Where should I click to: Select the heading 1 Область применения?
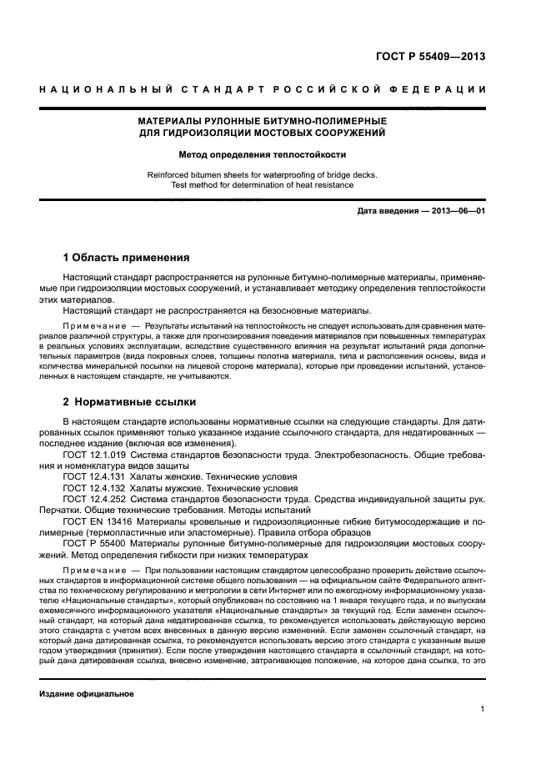point(127,257)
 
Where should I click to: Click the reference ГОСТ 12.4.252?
point(93,497)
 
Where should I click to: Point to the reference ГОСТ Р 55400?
point(93,541)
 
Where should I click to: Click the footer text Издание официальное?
point(87,693)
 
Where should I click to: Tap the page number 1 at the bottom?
point(483,710)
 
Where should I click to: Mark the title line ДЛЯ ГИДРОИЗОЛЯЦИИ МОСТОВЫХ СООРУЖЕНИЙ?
point(263,133)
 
